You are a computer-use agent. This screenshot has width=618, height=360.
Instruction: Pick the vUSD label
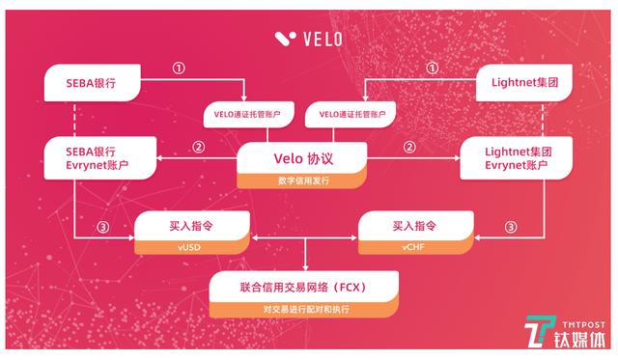[x=192, y=246]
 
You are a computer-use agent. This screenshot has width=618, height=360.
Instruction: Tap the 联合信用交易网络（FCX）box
[x=304, y=287]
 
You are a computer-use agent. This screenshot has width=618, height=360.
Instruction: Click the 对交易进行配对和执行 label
[x=304, y=309]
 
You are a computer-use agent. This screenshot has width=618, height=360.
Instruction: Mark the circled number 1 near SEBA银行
[x=178, y=69]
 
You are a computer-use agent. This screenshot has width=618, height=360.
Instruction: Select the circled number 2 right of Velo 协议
[x=409, y=148]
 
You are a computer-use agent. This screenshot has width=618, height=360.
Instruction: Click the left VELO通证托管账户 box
[x=246, y=116]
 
